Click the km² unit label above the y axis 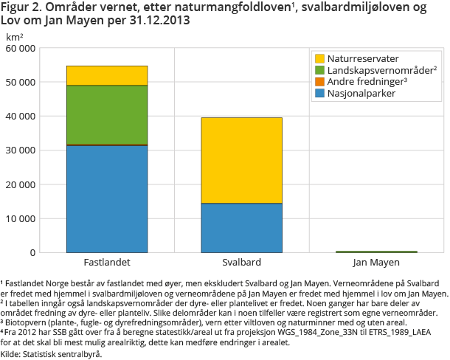[x=15, y=36]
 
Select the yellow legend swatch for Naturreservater [x=319, y=58]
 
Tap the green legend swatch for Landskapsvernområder [x=319, y=70]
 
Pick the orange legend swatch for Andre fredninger [x=319, y=82]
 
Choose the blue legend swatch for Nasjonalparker [x=319, y=94]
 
